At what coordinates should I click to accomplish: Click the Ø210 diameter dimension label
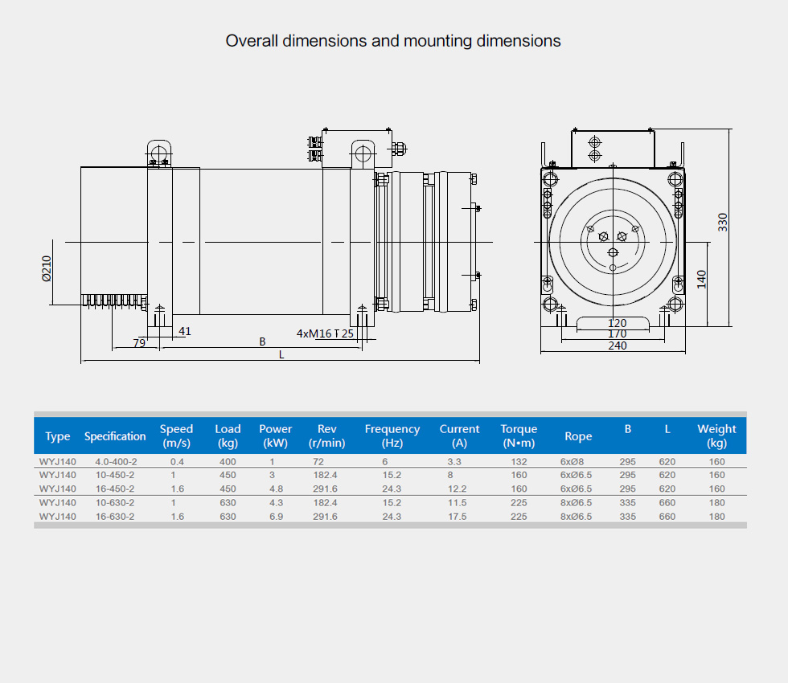pos(47,268)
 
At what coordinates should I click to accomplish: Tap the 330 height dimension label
pos(723,223)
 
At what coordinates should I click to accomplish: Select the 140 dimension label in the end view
pos(701,280)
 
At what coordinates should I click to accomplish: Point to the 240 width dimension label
pos(618,346)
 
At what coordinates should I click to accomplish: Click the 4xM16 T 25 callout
pos(325,333)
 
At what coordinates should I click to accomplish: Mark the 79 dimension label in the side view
pos(139,342)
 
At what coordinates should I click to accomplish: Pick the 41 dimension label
pos(185,331)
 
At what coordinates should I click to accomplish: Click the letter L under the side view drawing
pos(281,354)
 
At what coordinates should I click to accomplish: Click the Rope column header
pos(578,436)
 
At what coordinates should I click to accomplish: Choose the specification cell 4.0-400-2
pos(116,461)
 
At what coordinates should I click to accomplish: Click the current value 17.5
pos(458,516)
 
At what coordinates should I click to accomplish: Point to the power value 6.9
pos(276,516)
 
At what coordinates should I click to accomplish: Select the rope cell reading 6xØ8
pos(572,461)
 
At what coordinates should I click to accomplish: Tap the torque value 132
pos(519,461)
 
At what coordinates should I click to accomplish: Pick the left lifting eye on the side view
pos(159,153)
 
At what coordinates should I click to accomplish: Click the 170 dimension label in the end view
pos(618,334)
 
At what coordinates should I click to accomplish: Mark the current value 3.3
pos(454,461)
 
